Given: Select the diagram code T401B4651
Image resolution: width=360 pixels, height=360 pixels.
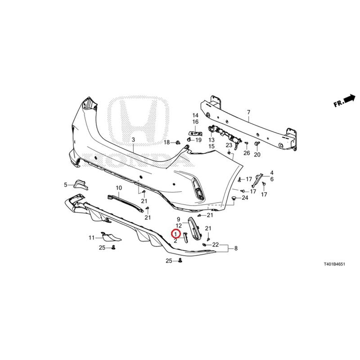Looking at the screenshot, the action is point(334,264).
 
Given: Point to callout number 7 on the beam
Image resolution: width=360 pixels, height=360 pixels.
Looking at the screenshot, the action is point(249,112).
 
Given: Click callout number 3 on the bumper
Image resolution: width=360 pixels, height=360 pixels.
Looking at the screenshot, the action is point(133,139).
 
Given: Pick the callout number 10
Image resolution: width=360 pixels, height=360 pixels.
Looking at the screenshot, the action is point(119,188).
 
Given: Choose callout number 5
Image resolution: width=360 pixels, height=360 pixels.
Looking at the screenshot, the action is point(66,184).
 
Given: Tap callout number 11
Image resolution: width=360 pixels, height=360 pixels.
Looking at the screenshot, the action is point(92,238).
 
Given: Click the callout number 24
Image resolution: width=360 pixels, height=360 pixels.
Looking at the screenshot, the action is point(245,198).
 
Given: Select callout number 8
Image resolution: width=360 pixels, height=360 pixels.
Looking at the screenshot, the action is point(236,248).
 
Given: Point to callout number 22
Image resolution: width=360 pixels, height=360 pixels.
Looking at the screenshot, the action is point(216,245).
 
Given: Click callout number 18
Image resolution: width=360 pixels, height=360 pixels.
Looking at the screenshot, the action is point(166,143).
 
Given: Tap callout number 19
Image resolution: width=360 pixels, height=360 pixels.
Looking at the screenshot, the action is point(198,139).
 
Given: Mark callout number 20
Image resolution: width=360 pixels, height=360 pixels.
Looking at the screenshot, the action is point(257,154).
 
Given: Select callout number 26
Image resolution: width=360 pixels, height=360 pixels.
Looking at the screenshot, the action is point(247,153).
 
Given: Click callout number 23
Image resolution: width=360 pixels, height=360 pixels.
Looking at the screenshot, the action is point(229,145).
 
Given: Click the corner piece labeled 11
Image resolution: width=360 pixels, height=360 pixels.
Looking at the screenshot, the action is point(111,237).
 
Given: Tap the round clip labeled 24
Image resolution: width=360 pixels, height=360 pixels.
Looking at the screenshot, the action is point(234,198).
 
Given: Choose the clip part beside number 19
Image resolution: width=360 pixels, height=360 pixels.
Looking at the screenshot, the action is point(189,139).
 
